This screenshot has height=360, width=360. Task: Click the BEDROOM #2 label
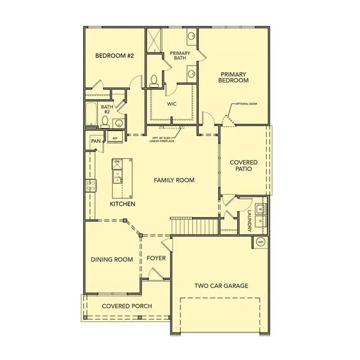115,56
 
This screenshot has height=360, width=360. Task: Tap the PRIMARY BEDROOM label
233,77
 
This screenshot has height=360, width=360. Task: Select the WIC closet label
172,104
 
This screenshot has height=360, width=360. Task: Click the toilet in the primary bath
154,81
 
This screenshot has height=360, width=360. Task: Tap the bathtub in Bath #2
91,114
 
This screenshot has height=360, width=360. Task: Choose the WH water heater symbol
261,242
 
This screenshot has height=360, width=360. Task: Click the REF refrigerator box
114,137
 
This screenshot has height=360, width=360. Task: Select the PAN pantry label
96,141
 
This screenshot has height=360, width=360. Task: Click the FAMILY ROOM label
174,180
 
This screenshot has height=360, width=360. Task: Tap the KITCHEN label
123,204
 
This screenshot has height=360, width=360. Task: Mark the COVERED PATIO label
243,165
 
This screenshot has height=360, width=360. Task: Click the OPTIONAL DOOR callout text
246,104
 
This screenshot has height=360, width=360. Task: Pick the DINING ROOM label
112,259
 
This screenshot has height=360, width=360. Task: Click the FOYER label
156,258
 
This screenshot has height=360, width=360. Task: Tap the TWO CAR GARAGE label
221,285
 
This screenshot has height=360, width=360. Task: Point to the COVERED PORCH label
127,306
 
